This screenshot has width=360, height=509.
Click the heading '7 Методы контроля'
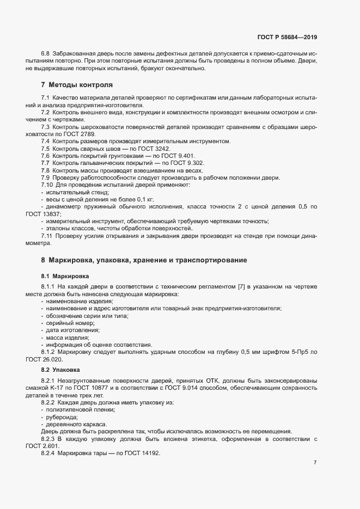coord(77,85)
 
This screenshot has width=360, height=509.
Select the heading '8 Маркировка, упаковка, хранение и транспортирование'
coord(144,260)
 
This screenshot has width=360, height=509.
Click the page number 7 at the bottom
coord(315,463)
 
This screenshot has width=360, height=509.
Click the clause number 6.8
coord(45,53)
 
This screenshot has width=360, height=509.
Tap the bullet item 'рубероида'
coord(64,416)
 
